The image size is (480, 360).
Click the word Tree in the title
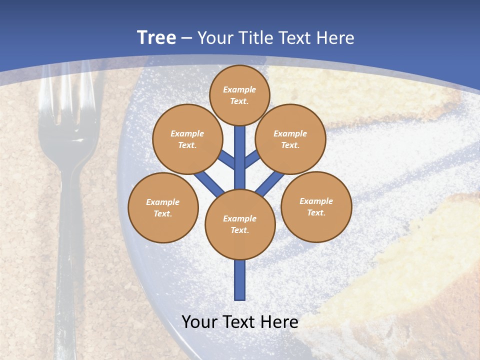[156, 37]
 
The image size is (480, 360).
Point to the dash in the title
[187, 38]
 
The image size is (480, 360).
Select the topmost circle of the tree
[239, 95]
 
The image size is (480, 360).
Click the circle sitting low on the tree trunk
[240, 224]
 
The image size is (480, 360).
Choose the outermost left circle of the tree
[163, 207]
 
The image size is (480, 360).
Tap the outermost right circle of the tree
[316, 206]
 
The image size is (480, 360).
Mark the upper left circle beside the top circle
[187, 139]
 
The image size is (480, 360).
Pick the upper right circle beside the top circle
[290, 139]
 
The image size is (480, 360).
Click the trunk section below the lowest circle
[240, 280]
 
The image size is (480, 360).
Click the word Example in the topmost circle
[239, 89]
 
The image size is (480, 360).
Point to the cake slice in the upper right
[350, 95]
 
